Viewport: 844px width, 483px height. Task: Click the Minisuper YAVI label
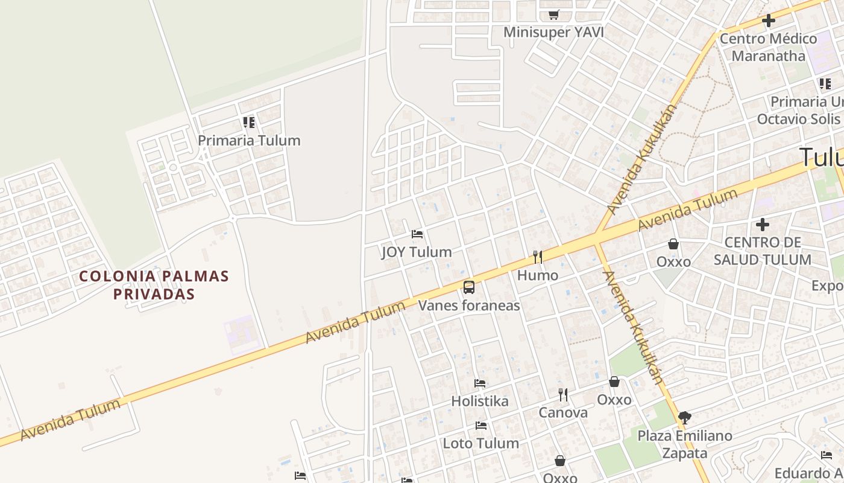(x=553, y=32)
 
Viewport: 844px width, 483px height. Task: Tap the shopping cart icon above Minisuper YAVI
(x=553, y=14)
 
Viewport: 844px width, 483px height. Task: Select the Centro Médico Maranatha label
(x=768, y=47)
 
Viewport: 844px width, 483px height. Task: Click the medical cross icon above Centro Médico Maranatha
(x=768, y=21)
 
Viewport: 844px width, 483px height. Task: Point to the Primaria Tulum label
(x=249, y=140)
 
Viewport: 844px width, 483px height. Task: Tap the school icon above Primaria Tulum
(x=249, y=123)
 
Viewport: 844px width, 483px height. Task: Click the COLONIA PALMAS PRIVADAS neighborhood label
(x=154, y=285)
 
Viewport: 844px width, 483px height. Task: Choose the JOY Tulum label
(x=417, y=252)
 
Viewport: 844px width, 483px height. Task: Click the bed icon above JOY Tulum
(x=417, y=234)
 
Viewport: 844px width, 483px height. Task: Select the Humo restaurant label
(x=538, y=275)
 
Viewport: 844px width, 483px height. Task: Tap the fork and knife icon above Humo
(x=538, y=257)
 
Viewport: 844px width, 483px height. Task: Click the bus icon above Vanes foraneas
(x=469, y=287)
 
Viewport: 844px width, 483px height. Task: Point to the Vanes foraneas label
(x=469, y=305)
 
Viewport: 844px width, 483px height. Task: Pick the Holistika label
(x=480, y=401)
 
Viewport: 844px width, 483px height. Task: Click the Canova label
(x=563, y=412)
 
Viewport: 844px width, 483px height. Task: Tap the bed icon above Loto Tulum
(x=480, y=426)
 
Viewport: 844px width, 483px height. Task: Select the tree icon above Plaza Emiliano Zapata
(x=684, y=417)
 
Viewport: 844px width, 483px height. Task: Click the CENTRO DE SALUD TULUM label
(x=762, y=251)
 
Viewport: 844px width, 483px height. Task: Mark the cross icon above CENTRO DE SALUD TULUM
(x=763, y=225)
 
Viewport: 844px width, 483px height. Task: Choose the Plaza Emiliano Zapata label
(x=685, y=444)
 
